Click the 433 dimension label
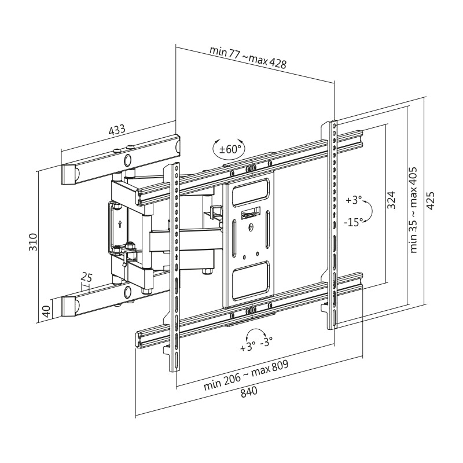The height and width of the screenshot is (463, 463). pyautogui.click(x=117, y=131)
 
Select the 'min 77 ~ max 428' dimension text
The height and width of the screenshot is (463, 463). pyautogui.click(x=249, y=57)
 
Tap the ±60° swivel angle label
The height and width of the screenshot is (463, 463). pyautogui.click(x=229, y=149)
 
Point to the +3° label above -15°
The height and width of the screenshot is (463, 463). pyautogui.click(x=353, y=201)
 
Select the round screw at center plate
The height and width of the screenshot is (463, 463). pyautogui.click(x=251, y=227)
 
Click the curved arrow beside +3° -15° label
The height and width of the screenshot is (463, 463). pyautogui.click(x=368, y=211)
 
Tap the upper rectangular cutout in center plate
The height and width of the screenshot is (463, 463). pyautogui.click(x=250, y=192)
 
